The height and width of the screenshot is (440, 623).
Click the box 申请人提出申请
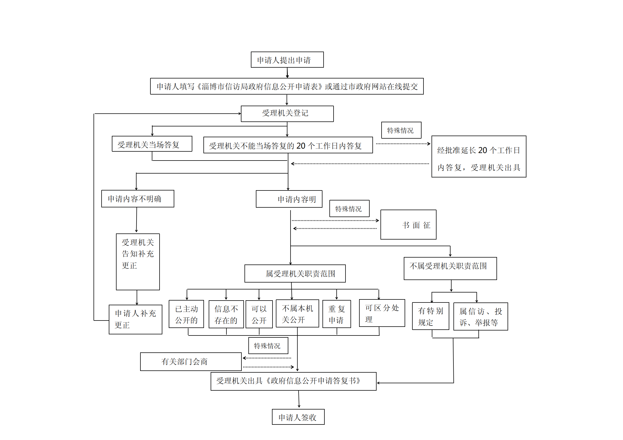click(x=287, y=60)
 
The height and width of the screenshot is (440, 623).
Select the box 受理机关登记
click(x=287, y=114)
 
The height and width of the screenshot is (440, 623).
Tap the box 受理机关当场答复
click(x=152, y=144)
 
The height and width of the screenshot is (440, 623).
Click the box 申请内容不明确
click(x=138, y=199)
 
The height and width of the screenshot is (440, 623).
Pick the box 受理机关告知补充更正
click(x=138, y=262)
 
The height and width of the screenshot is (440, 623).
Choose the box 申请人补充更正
click(x=135, y=319)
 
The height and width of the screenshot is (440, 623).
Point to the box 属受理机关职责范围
click(x=295, y=273)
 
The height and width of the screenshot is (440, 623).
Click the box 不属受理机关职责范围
click(x=450, y=268)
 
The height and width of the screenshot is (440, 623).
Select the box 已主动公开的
click(x=186, y=314)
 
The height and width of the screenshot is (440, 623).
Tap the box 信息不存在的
click(x=226, y=314)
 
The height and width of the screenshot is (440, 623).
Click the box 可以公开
click(x=259, y=314)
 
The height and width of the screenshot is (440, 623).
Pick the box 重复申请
click(x=337, y=314)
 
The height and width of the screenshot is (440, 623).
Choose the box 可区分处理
click(x=382, y=313)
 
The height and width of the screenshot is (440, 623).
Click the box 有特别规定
click(x=431, y=316)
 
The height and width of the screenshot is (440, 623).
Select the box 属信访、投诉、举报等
click(x=481, y=316)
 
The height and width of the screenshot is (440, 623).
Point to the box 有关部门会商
click(x=191, y=362)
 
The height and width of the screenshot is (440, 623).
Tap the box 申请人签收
click(x=298, y=417)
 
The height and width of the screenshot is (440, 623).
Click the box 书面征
click(x=408, y=225)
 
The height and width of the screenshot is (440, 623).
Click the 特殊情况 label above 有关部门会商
click(x=268, y=345)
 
